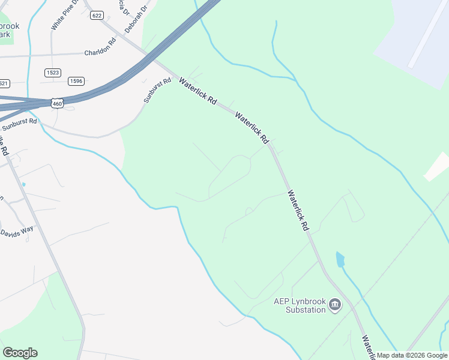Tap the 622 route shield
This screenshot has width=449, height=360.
coord(96,15)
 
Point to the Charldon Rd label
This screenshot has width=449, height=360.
coord(99,52)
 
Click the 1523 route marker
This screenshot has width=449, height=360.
coord(53,73)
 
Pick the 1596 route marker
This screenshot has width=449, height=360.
coord(76,81)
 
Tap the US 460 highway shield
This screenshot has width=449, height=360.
coord(56,104)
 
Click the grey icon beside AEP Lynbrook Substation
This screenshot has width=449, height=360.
coord(335,306)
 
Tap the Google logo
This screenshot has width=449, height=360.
coord(20,353)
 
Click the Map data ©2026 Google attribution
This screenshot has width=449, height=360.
coord(412,356)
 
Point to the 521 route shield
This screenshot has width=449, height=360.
coord(4,83)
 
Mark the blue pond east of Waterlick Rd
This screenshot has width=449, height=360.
coord(340,260)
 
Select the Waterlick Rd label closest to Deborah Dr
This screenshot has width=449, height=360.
coord(197,92)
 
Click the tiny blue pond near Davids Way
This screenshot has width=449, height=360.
coord(23,184)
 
